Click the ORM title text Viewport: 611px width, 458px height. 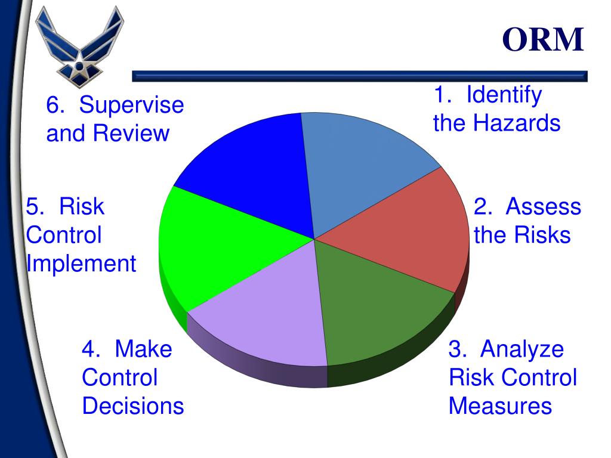click(542, 40)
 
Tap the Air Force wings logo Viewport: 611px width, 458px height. click(79, 47)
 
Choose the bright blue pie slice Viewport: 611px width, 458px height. click(251, 173)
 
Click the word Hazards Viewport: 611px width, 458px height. click(517, 123)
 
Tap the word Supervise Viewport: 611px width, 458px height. click(132, 106)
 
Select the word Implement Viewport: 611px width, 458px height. click(81, 263)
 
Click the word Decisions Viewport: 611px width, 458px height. click(132, 406)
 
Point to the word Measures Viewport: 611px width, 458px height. click(500, 406)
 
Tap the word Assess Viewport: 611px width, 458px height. click(543, 207)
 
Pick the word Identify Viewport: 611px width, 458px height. click(504, 95)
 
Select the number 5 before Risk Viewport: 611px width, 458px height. click(32, 207)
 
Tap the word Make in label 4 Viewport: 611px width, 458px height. click(143, 349)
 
